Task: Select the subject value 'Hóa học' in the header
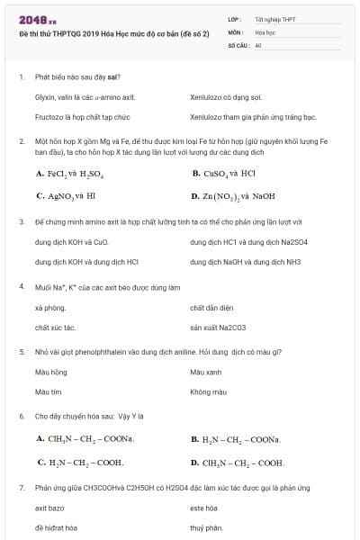[x=265, y=31]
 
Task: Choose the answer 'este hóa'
[x=203, y=508]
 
